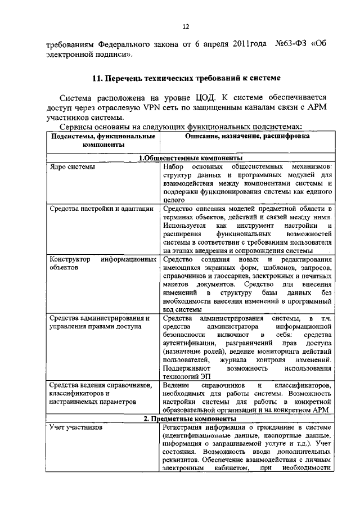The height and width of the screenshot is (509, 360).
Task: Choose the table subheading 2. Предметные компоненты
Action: point(187,420)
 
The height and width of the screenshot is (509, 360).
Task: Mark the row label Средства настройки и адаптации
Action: point(101,209)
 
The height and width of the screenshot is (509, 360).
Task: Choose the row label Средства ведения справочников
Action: point(101,385)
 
